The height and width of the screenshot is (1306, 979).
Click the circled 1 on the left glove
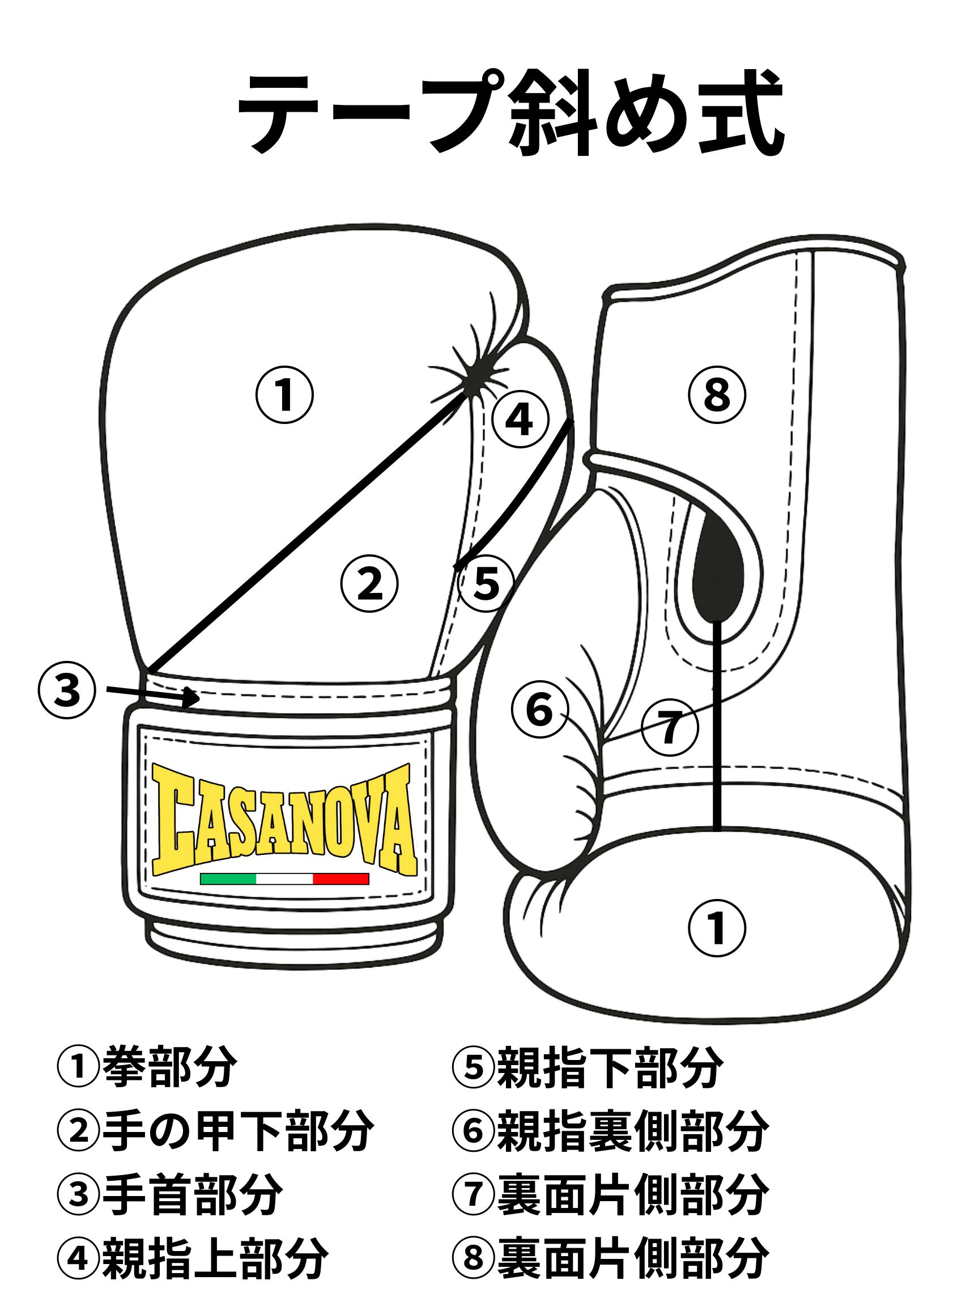(284, 395)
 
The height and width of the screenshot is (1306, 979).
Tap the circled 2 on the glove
(370, 584)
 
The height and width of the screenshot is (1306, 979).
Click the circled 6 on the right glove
(539, 709)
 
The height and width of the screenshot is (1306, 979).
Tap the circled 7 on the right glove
(670, 728)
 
